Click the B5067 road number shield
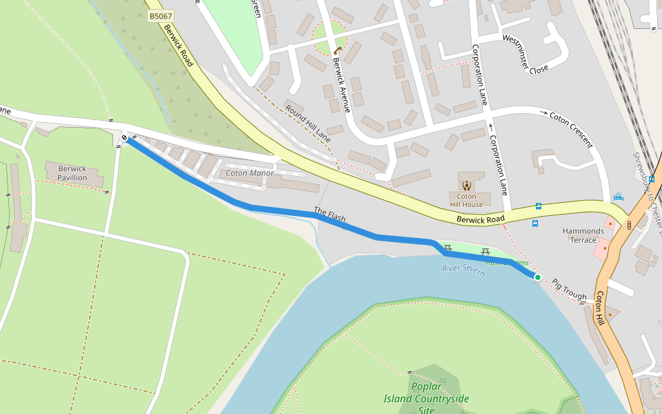point(161,15)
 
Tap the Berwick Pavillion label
point(72,173)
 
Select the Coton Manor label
point(250,172)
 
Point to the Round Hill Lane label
point(308,124)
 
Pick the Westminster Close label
point(525,55)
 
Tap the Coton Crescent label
point(571,129)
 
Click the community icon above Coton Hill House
point(467,184)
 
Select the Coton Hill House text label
point(467,200)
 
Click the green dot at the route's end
point(537,277)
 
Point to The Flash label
point(330,215)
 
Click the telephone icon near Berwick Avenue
point(337,50)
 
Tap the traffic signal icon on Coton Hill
point(629,224)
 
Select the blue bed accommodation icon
point(618,197)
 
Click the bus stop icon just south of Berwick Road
point(535,224)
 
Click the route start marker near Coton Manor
point(125,138)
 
